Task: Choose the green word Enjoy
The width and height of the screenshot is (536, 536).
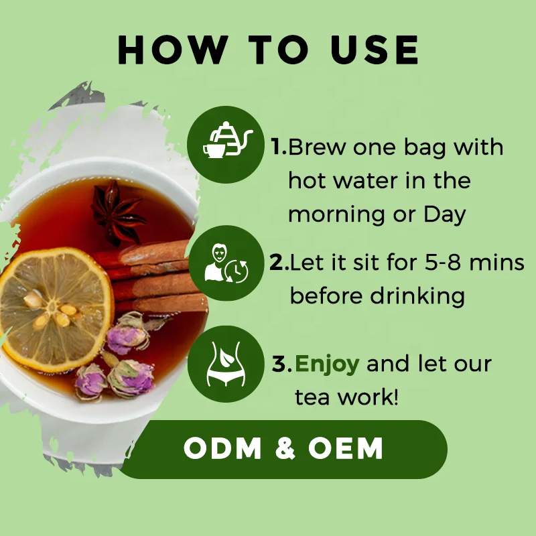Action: click(x=328, y=364)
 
